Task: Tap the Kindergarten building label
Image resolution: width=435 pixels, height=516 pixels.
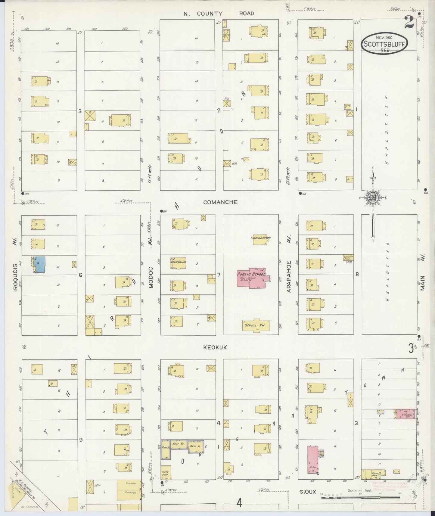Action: click(x=261, y=238)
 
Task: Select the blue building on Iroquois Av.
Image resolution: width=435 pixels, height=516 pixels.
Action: click(x=40, y=265)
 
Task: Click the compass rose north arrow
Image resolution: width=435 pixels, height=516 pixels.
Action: click(x=373, y=197)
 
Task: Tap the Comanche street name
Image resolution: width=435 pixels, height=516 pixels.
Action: click(x=220, y=202)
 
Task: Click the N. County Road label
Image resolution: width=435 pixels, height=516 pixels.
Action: click(x=219, y=14)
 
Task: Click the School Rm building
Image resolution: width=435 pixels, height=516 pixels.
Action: click(x=256, y=325)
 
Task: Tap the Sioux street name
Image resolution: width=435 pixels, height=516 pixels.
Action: click(x=308, y=492)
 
